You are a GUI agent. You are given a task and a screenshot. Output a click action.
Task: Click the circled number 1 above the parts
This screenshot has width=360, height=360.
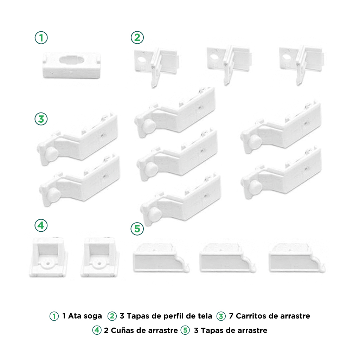tap(41, 38)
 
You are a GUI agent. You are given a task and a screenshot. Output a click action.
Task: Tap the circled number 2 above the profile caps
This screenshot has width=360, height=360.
tap(137, 37)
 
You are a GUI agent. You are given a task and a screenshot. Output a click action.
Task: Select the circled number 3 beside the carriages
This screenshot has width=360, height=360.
tap(41, 119)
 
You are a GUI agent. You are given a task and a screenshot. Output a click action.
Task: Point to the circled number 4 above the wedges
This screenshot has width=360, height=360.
tap(41, 225)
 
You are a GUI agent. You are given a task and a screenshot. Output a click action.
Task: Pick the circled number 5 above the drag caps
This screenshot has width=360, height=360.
tap(137, 229)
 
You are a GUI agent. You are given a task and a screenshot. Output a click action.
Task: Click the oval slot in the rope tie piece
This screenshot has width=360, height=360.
tap(72, 60)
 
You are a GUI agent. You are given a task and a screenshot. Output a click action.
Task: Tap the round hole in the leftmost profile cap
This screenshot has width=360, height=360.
tap(142, 59)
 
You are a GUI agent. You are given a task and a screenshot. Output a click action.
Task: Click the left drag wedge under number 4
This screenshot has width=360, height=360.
tap(49, 257)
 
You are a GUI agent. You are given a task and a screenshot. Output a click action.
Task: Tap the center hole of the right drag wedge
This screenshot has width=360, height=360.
tap(99, 263)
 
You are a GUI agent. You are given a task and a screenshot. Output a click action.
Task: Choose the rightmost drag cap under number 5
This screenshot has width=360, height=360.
tap(297, 258)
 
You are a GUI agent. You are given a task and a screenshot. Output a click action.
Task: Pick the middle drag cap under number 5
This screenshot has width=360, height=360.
tap(228, 258)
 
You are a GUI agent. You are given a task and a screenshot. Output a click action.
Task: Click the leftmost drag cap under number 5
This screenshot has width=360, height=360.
tap(161, 258)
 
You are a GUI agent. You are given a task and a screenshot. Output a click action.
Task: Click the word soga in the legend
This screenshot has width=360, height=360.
tap(91, 316)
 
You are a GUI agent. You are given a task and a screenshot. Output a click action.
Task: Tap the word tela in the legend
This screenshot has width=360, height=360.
tap(204, 316)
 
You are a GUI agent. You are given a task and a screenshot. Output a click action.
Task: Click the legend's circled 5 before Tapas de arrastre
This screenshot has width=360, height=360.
tap(185, 330)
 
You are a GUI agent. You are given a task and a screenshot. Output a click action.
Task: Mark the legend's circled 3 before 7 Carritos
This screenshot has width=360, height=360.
tap(221, 316)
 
